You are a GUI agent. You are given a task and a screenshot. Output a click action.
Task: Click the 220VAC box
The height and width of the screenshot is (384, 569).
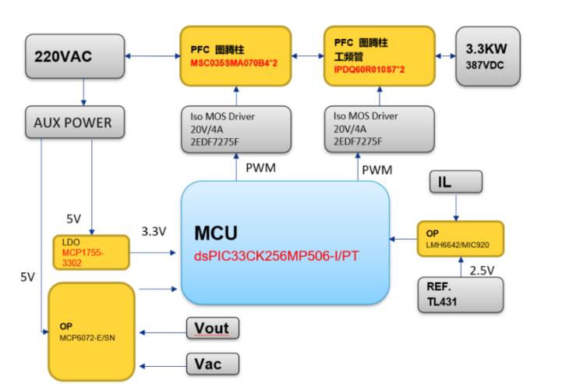(75, 55)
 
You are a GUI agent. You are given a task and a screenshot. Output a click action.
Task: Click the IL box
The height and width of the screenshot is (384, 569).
(456, 183)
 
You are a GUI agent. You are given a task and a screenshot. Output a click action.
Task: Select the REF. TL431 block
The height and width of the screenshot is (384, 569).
(461, 292)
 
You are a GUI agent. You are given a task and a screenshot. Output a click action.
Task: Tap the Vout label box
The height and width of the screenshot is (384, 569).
(211, 328)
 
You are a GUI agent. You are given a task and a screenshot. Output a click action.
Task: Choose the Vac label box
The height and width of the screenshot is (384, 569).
(211, 363)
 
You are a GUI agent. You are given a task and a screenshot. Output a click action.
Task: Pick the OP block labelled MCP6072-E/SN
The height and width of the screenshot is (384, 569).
(91, 329)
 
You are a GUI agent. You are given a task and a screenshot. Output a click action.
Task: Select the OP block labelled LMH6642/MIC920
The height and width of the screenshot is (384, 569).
(460, 240)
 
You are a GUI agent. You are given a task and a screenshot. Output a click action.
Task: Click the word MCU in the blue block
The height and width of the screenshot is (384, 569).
(217, 233)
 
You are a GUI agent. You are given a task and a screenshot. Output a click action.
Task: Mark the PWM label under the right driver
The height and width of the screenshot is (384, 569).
(377, 169)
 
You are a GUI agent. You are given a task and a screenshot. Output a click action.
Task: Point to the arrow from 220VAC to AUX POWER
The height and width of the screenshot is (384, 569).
(83, 92)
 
